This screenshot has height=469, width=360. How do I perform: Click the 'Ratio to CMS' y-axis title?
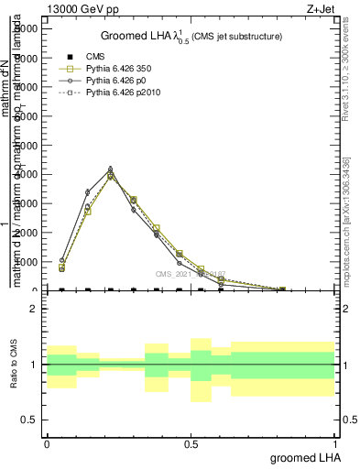tap(14, 365)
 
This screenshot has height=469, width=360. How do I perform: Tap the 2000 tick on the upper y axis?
tap(23, 232)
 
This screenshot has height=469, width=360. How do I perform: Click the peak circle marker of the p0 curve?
tap(110, 169)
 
